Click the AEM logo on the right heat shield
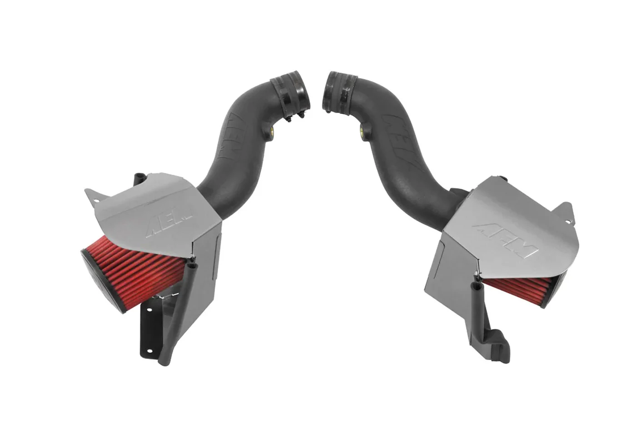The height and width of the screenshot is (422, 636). (x=505, y=241)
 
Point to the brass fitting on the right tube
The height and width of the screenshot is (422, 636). (x=363, y=131)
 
